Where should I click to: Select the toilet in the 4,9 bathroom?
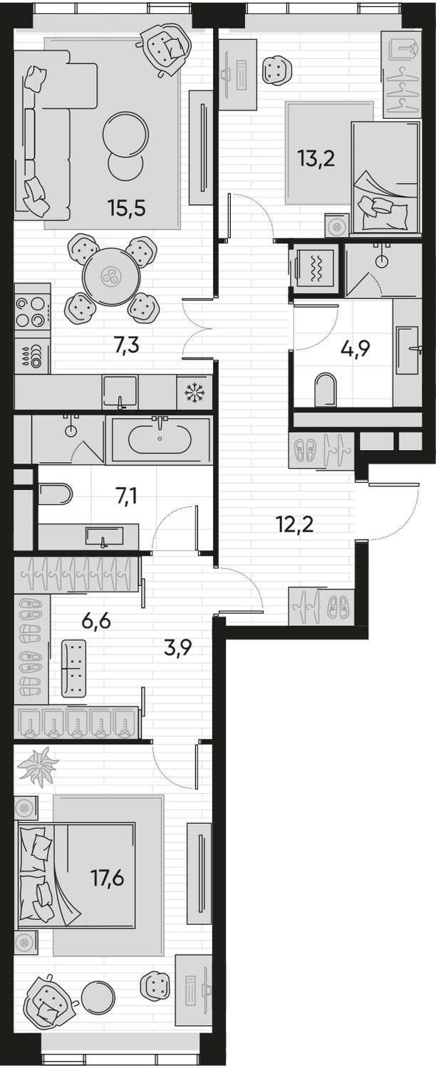click(326, 389)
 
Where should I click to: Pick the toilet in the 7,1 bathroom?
click(56, 494)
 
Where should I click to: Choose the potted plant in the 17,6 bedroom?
click(38, 766)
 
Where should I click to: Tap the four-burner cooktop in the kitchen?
click(33, 312)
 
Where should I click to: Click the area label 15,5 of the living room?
click(126, 208)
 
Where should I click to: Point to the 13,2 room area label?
click(316, 159)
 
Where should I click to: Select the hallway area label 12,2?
click(294, 525)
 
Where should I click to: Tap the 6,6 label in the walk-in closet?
click(96, 622)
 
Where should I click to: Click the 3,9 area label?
click(177, 649)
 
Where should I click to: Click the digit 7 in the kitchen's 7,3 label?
click(118, 345)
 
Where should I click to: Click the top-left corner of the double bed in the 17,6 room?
click(18, 822)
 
